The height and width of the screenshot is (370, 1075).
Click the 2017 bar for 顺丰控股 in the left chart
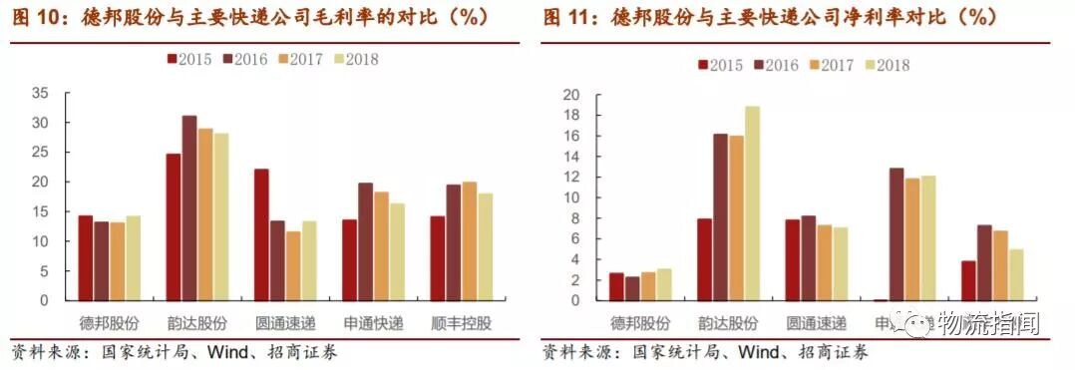pyautogui.click(x=469, y=240)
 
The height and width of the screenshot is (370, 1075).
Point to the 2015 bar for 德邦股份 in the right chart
pyautogui.click(x=616, y=286)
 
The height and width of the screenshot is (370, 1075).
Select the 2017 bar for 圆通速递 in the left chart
pyautogui.click(x=292, y=265)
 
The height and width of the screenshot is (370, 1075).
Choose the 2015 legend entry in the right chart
pyautogui.click(x=719, y=66)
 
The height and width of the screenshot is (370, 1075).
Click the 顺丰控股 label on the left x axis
pyautogui.click(x=461, y=325)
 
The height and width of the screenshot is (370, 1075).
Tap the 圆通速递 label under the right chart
pyautogui.click(x=816, y=324)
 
